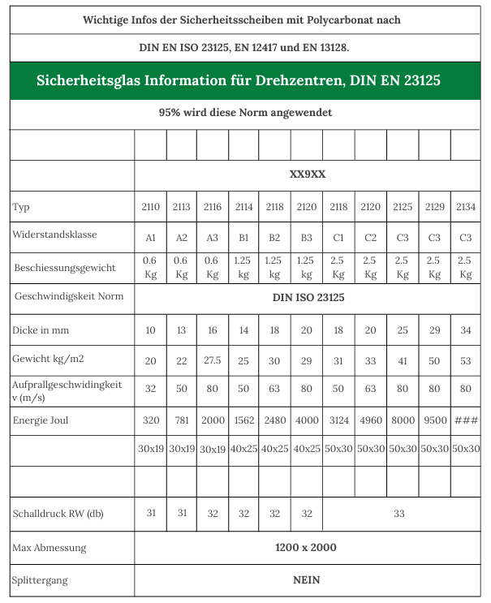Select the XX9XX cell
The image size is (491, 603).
[308, 174]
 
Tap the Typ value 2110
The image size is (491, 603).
[150, 207]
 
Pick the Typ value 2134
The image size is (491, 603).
[466, 207]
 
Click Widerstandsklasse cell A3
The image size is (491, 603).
[213, 237]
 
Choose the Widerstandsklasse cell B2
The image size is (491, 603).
[274, 237]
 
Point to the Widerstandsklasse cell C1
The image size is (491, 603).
[338, 237]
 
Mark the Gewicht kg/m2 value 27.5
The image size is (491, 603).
[213, 360]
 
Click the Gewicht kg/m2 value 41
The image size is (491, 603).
[403, 360]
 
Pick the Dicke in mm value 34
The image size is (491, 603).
[466, 330]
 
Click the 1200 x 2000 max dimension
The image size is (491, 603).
[307, 547]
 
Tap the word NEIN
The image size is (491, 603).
[307, 579]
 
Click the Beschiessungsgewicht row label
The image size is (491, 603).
[65, 267]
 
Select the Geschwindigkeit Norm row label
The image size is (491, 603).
[69, 296]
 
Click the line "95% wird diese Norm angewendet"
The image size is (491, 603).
[245, 113]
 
